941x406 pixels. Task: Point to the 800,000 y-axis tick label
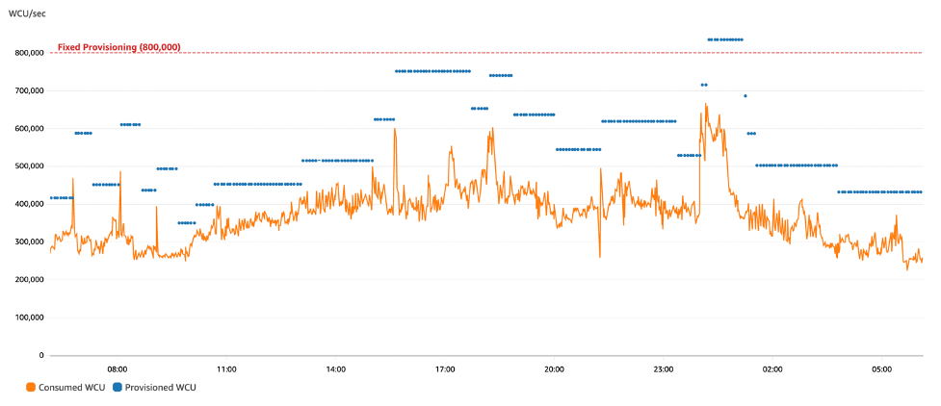(27, 53)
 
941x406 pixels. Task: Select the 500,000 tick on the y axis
(27, 166)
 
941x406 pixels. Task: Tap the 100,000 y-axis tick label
(27, 317)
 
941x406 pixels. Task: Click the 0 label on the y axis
(41, 355)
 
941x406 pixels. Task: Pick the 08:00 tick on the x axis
(118, 368)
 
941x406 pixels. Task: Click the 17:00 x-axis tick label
(445, 368)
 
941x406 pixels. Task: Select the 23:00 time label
(664, 368)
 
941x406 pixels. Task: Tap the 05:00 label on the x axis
(881, 368)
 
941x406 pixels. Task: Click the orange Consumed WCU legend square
(31, 387)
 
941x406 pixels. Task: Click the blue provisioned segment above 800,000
(725, 39)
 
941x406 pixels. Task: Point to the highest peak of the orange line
(706, 104)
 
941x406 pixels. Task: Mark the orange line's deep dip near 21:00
(599, 256)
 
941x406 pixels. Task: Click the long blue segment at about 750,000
(432, 71)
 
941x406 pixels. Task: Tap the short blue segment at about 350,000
(187, 223)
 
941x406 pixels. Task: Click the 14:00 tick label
(336, 368)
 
